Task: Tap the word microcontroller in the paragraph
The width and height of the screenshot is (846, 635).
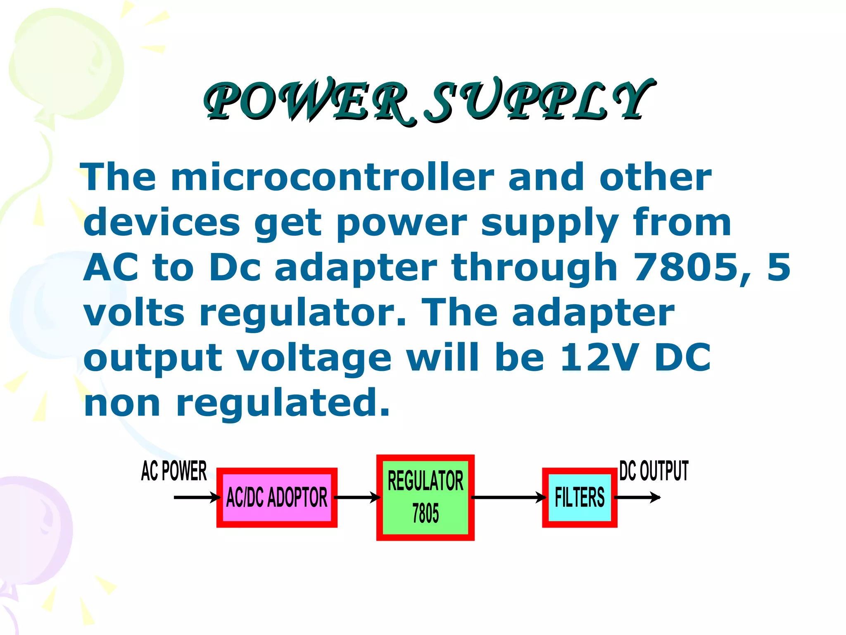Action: point(333,178)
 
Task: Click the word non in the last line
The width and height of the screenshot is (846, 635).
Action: point(122,403)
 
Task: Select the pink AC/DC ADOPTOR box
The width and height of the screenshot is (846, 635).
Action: point(277,497)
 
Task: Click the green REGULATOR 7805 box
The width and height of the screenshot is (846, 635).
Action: point(425,497)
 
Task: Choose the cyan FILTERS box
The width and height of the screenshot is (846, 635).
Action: point(580,497)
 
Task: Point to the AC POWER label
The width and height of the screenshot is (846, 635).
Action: point(174,471)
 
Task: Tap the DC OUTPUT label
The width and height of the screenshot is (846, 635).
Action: point(654,471)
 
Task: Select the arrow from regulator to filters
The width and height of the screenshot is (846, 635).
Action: point(509,497)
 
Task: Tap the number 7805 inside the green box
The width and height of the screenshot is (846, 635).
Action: point(425,513)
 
